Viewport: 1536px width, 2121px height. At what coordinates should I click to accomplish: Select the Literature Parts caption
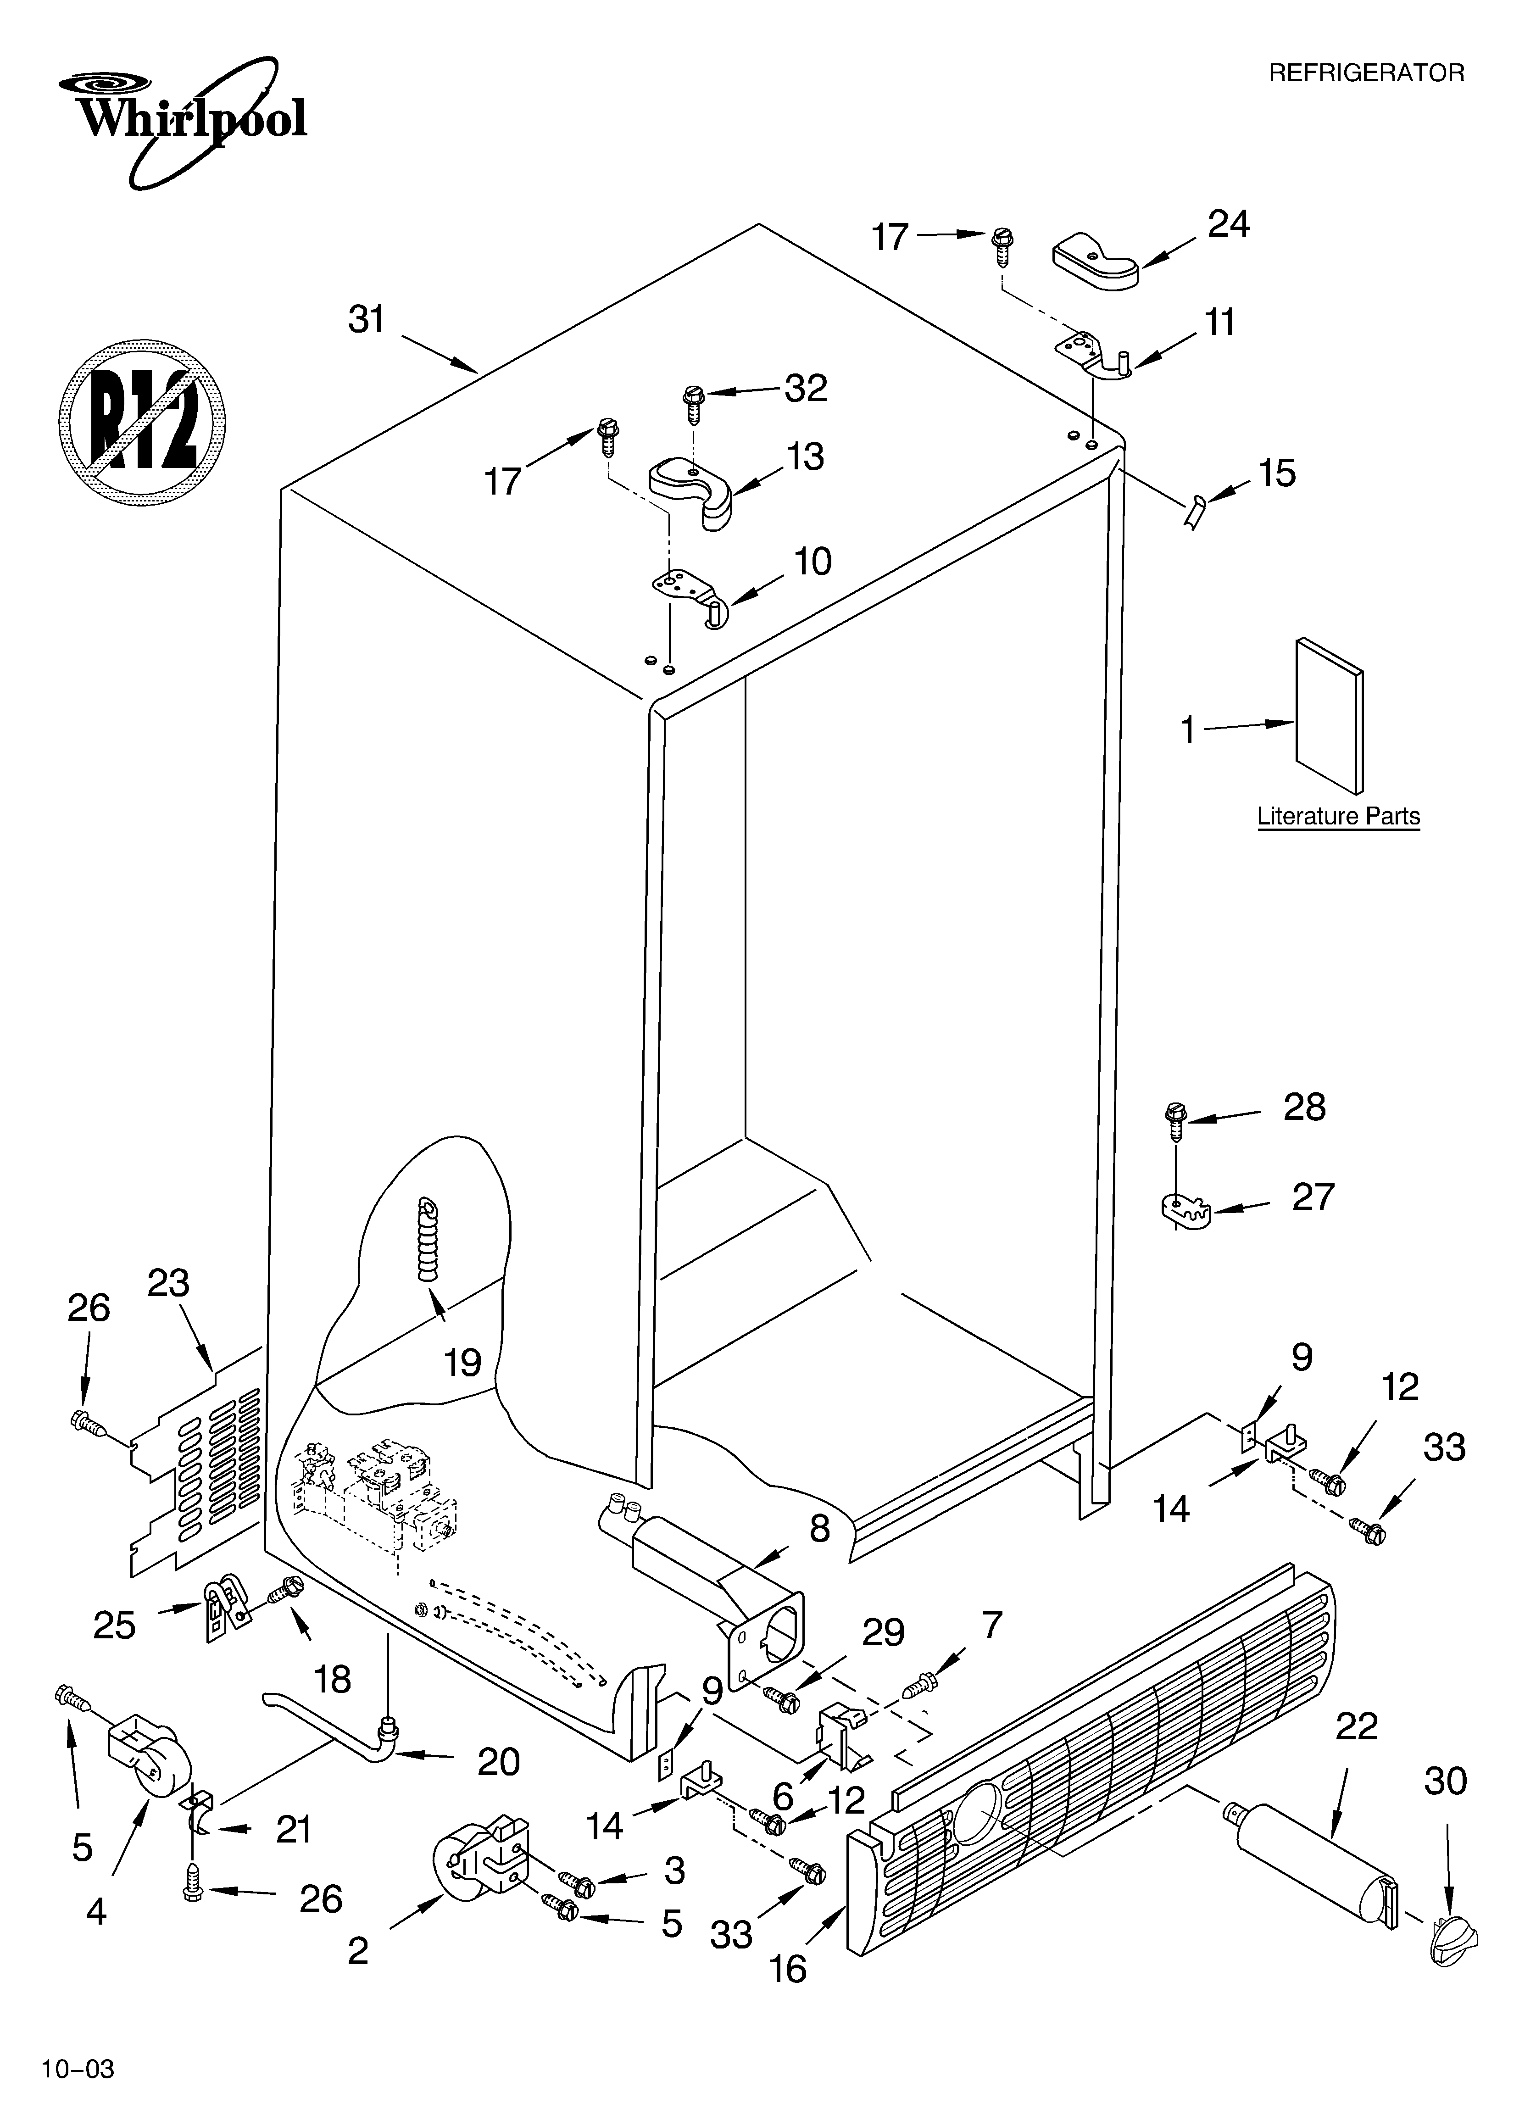point(1338,816)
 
